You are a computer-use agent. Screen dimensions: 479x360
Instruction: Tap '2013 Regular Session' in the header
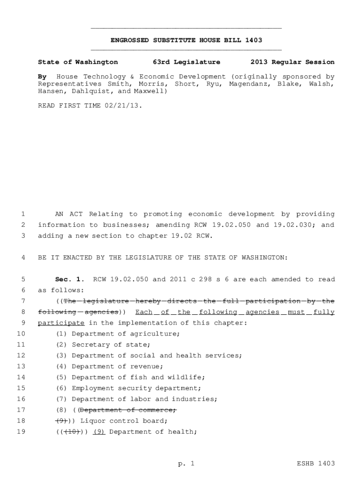tap(292, 62)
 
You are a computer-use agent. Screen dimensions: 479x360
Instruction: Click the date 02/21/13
tap(124, 106)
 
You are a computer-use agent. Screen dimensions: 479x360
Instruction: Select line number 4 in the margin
tap(23, 257)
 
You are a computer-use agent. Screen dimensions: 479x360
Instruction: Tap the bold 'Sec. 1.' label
tap(70, 279)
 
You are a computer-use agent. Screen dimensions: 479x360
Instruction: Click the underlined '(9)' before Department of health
tap(99, 432)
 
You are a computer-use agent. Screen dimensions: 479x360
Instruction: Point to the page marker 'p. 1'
tap(186, 464)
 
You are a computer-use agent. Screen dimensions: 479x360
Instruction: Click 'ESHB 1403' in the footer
tap(316, 464)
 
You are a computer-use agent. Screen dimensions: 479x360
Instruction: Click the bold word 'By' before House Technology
tap(42, 76)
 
